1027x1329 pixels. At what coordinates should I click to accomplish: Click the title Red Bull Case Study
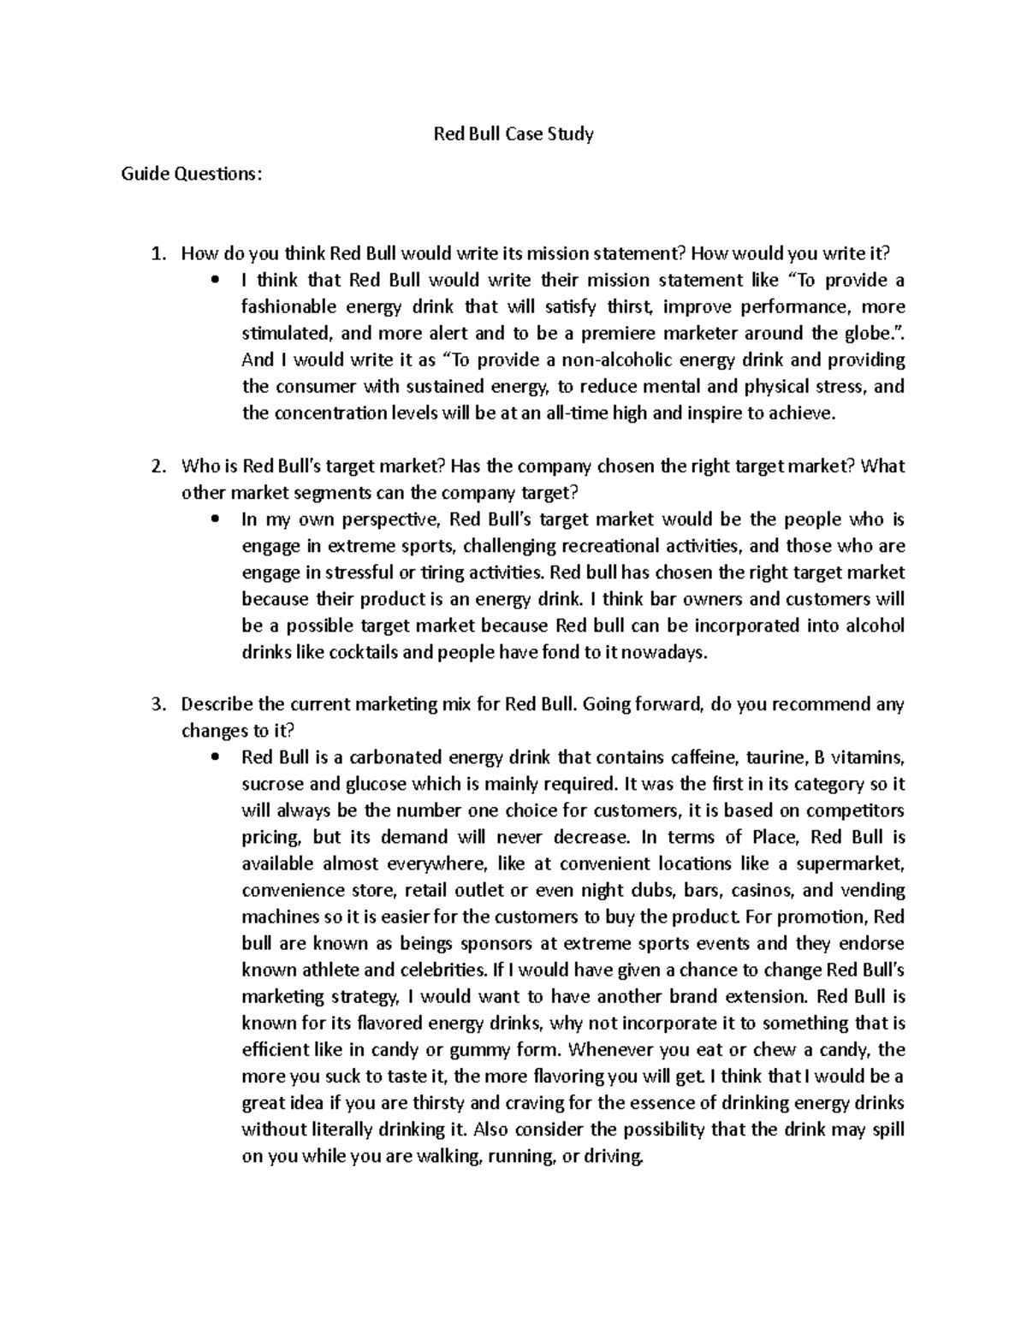pos(513,134)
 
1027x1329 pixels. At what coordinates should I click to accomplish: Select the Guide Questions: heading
pos(187,175)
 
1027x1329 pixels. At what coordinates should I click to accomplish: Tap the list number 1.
pos(156,253)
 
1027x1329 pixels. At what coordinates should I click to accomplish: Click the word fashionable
pos(288,306)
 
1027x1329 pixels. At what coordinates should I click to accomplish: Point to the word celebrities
pos(440,970)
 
